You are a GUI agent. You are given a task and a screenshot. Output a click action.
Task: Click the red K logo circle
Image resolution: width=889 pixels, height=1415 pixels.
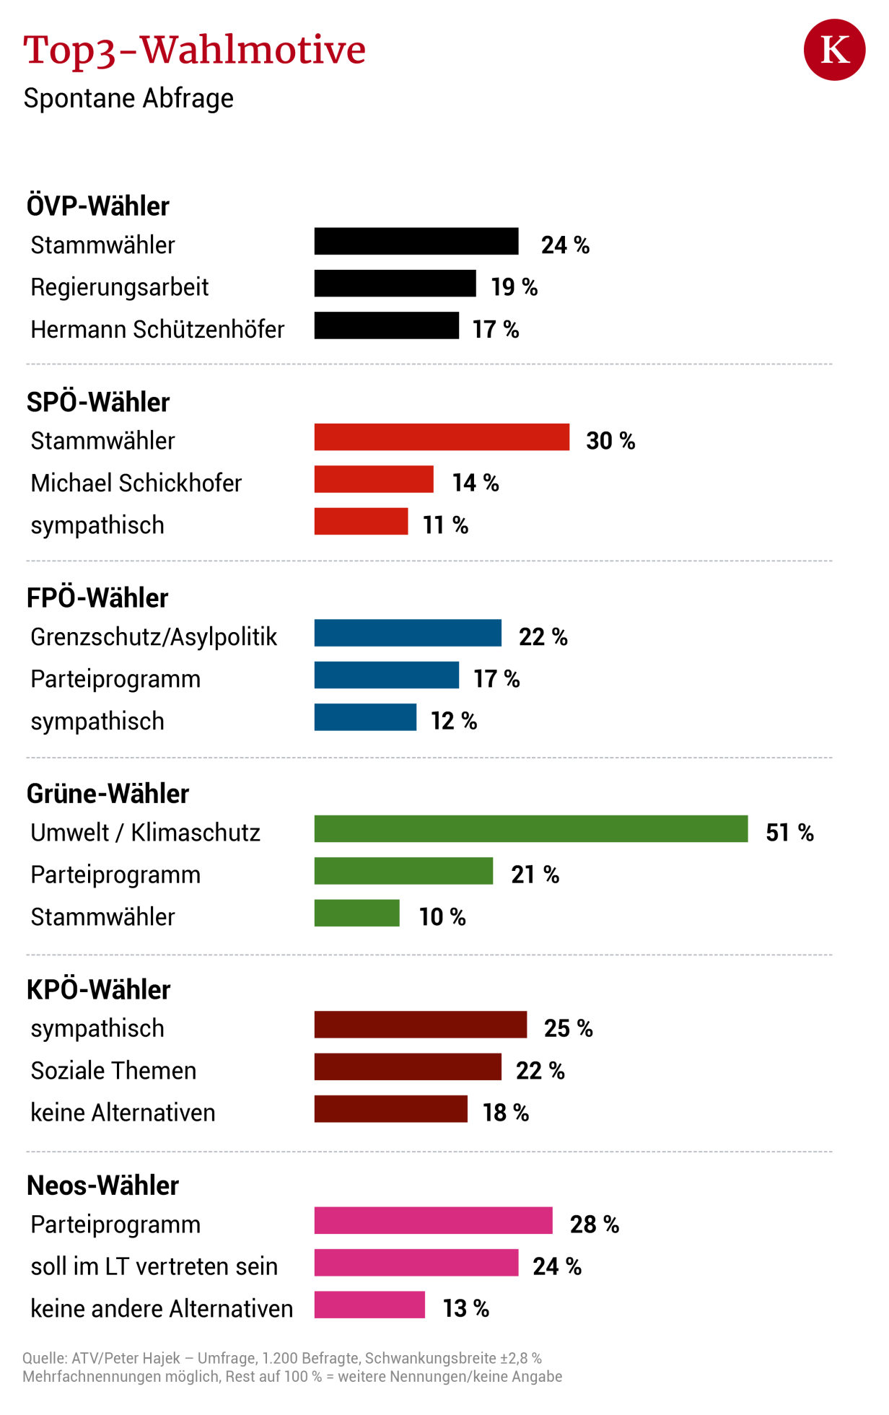point(834,50)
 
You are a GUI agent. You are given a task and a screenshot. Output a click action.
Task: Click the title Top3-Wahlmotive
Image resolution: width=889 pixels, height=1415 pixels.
point(194,51)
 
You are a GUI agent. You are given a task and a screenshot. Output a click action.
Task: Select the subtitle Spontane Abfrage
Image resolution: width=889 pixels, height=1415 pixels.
point(128,99)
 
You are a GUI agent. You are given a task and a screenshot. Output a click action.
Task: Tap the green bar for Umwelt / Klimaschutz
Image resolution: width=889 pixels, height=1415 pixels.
point(530,828)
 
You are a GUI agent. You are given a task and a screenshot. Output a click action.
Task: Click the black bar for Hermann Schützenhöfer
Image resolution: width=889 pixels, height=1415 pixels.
point(386,325)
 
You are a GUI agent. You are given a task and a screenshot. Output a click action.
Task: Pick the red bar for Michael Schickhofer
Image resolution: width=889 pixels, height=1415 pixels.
point(373,479)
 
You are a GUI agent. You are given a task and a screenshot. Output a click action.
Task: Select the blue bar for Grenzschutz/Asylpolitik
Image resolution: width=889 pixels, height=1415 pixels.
point(407,633)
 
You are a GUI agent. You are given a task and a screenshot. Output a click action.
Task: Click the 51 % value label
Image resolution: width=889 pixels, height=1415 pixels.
point(789,833)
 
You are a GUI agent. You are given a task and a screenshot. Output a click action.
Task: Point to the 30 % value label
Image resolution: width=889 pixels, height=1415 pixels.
point(610,441)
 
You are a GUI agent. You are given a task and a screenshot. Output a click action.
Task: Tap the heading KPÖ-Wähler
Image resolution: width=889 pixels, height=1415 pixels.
point(98,989)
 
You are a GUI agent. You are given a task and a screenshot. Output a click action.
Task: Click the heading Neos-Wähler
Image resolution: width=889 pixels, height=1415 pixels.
point(102,1186)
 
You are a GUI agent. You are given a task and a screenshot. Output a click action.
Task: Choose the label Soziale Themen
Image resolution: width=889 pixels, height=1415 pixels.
point(113,1071)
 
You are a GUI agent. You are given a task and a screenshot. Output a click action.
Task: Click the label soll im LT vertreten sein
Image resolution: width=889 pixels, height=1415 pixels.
point(154,1266)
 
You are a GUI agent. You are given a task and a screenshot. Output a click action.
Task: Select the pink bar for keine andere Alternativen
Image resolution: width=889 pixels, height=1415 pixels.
point(369,1305)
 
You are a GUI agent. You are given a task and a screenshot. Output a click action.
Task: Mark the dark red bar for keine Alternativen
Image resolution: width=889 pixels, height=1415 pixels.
point(390,1109)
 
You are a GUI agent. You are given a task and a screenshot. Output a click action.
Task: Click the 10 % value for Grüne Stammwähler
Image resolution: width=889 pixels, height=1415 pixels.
point(442,917)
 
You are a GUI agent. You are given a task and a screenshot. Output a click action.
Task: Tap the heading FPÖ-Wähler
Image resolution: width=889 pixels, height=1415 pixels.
point(97,598)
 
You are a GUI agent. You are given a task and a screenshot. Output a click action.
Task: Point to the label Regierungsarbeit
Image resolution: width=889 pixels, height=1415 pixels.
point(119,287)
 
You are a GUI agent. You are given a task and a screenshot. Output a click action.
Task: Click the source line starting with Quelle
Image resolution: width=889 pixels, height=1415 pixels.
point(281,1359)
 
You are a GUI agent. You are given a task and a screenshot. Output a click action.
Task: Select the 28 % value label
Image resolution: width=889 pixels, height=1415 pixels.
point(594,1225)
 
